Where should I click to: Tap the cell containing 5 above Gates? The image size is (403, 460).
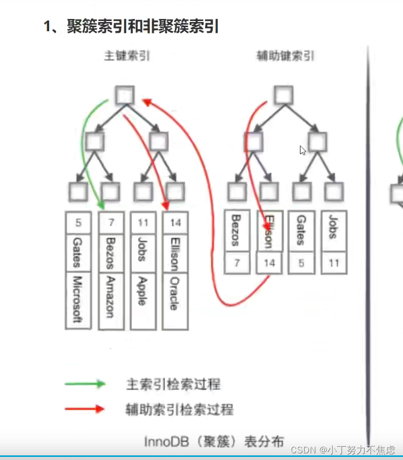click(78, 223)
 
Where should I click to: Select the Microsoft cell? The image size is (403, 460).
click(78, 300)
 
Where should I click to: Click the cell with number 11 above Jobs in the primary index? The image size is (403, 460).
click(142, 223)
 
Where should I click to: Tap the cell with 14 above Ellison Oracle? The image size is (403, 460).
click(175, 223)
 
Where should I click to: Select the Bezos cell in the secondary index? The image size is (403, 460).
click(237, 231)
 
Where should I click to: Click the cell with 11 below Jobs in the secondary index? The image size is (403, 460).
click(334, 263)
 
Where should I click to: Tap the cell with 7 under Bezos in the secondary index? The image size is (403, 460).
click(237, 263)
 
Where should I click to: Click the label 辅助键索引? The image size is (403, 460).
click(285, 56)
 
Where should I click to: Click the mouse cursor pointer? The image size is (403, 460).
click(303, 150)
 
